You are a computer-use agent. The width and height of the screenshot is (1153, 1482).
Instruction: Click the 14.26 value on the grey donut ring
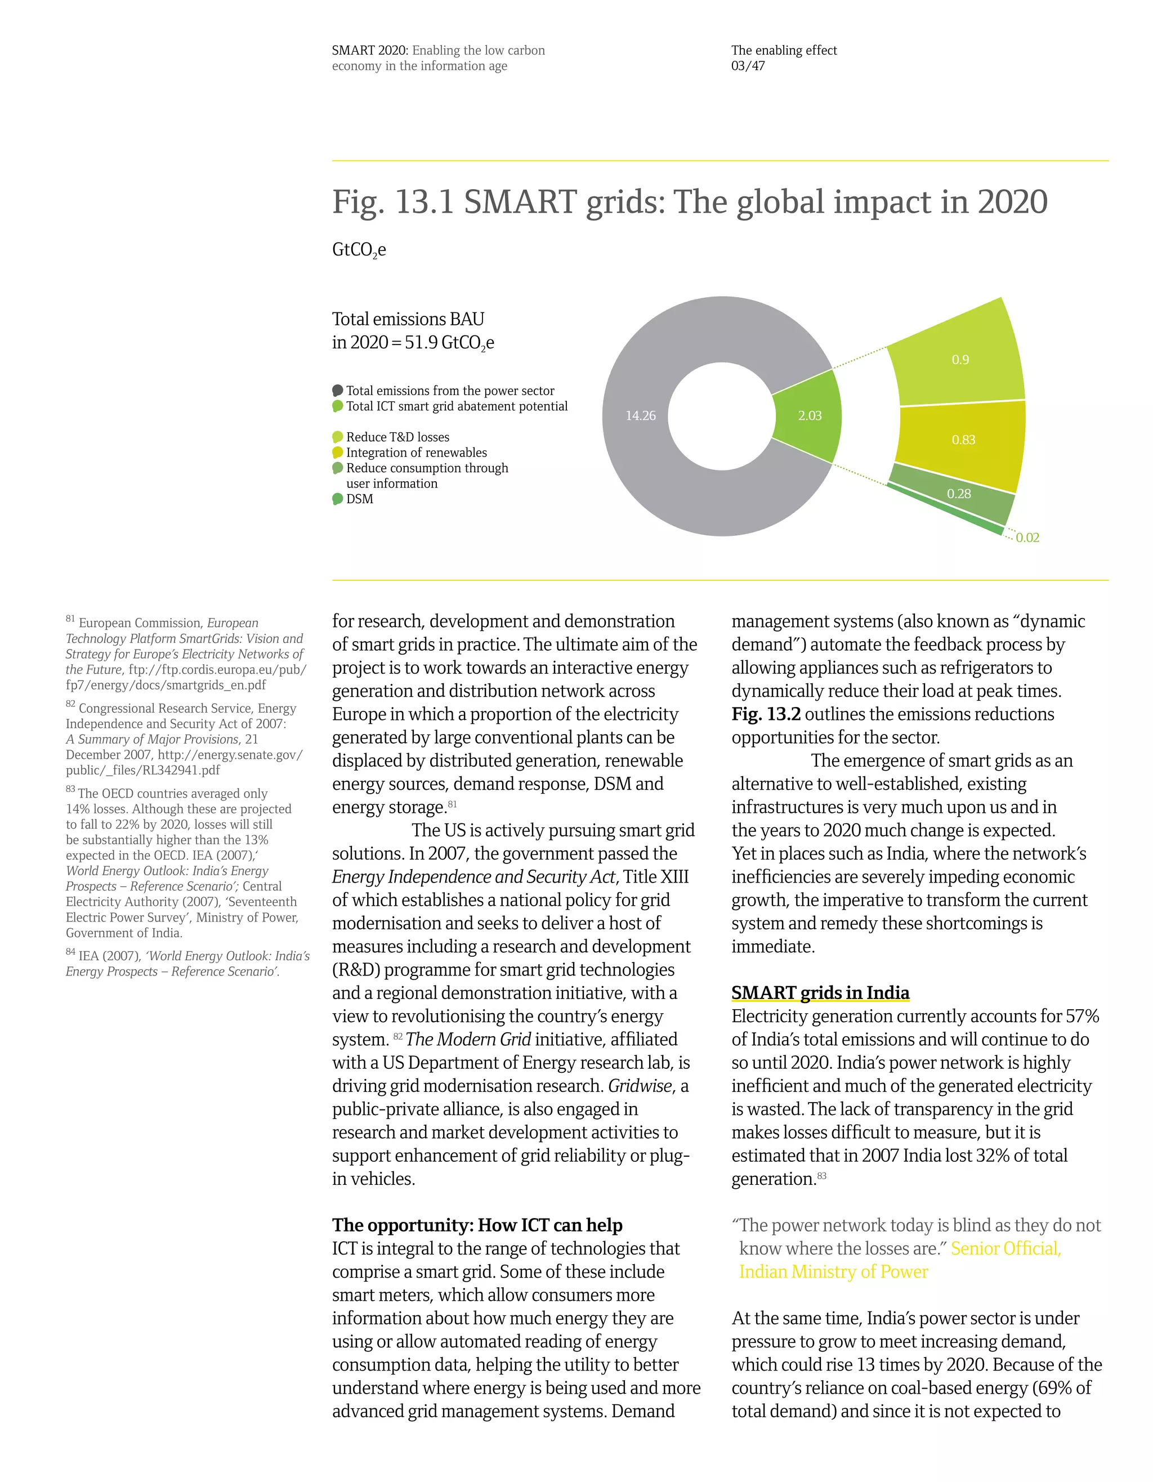(x=640, y=415)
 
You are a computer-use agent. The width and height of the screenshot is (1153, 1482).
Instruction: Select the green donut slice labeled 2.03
(x=809, y=415)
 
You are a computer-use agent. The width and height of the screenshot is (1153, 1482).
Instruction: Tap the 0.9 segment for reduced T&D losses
(x=959, y=360)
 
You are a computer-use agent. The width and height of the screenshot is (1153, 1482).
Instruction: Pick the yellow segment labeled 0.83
(x=963, y=440)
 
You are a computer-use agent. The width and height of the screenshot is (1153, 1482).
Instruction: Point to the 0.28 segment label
(x=958, y=493)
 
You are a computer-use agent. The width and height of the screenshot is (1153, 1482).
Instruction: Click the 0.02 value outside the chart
(x=1027, y=538)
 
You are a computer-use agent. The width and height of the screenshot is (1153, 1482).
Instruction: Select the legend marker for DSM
(x=337, y=499)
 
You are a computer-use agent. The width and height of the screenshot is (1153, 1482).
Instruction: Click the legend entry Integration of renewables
(x=416, y=453)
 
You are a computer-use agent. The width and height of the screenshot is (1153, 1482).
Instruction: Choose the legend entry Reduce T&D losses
(x=397, y=437)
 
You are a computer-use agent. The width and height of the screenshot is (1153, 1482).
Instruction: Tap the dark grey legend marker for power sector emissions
(x=337, y=390)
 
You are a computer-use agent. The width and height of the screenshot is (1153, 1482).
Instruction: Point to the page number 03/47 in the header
(x=748, y=66)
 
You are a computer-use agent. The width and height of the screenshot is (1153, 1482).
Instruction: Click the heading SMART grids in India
(x=820, y=993)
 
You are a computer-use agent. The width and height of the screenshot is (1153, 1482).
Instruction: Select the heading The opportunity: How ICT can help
(x=477, y=1225)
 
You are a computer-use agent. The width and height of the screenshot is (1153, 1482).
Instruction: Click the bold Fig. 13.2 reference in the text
(x=766, y=714)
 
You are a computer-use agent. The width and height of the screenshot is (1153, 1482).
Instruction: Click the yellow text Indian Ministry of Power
(x=833, y=1271)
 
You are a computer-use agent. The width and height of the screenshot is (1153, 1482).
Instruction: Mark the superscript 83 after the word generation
(x=821, y=1176)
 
